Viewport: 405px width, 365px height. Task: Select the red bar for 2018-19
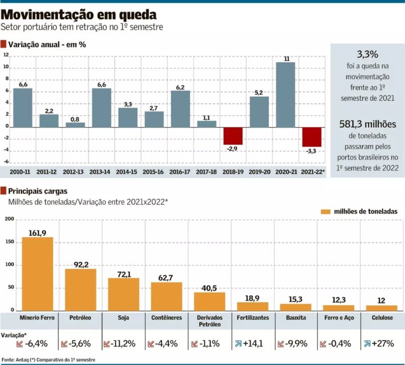coord(233,135)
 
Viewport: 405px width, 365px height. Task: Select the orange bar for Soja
coord(123,294)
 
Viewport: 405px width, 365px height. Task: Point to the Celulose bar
coord(381,307)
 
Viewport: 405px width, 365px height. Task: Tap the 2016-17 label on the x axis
coord(180,172)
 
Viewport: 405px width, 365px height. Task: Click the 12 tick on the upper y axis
coord(6,55)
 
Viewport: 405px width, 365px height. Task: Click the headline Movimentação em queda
coord(78,13)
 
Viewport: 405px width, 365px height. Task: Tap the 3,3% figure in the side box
coord(367,54)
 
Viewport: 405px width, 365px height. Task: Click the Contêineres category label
coord(167,318)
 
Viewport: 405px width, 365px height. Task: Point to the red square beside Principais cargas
coord(4,190)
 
